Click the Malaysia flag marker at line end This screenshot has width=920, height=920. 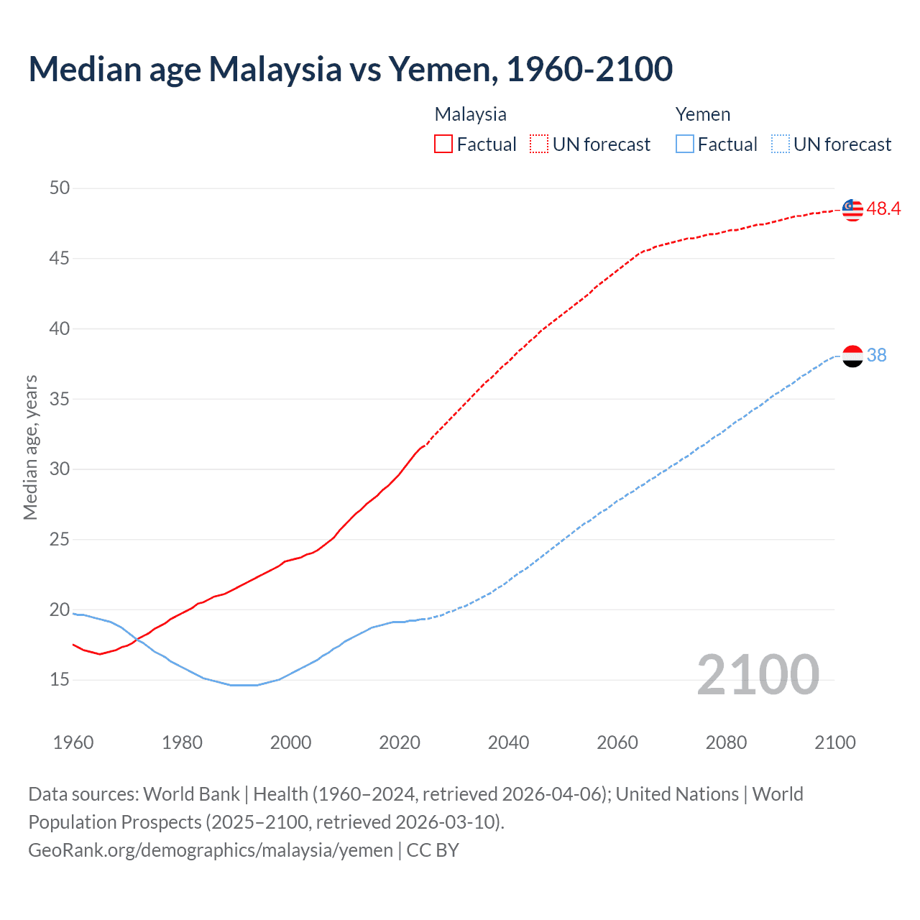852,209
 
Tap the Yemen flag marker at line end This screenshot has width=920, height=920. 852,356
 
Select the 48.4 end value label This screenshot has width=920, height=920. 883,209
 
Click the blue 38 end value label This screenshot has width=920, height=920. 877,356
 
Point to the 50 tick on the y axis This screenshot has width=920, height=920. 60,188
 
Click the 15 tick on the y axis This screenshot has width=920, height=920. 60,680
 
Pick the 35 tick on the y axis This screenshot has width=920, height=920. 60,399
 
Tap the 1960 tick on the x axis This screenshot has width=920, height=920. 73,742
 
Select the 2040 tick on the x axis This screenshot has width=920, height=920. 508,742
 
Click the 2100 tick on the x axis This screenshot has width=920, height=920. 835,742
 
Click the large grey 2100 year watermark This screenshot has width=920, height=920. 758,675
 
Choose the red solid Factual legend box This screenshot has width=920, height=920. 443,144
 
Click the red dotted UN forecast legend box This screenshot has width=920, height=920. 539,144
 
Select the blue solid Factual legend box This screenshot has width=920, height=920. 685,144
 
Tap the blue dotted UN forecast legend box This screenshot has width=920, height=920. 781,144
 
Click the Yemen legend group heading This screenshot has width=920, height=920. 703,114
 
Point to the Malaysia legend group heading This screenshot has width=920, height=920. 471,114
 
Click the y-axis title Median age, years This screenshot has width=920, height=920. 30,447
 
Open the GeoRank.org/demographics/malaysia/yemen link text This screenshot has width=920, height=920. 211,850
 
